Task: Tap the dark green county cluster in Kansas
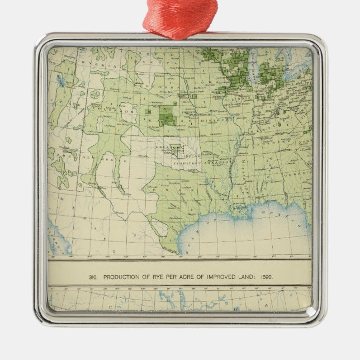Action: click(x=166, y=115)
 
